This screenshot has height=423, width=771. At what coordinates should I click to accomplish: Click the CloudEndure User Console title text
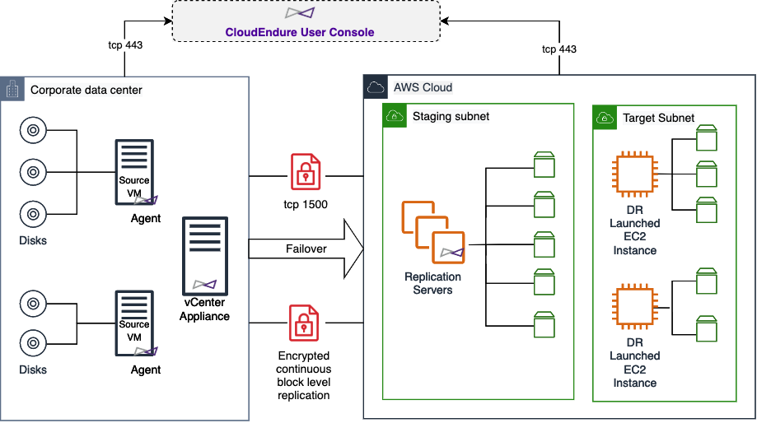pyautogui.click(x=300, y=32)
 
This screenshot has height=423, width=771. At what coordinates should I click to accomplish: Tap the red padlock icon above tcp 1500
pyautogui.click(x=306, y=171)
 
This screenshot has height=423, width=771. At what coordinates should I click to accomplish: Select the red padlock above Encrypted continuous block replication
pyautogui.click(x=304, y=323)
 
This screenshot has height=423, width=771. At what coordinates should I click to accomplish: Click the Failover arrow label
pyautogui.click(x=306, y=249)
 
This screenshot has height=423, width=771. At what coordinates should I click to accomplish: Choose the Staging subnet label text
pyautogui.click(x=451, y=117)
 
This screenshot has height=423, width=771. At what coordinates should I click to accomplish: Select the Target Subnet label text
pyautogui.click(x=658, y=118)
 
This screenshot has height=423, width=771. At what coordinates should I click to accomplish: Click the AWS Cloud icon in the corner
pyautogui.click(x=376, y=87)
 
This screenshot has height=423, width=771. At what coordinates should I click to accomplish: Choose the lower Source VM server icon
pyautogui.click(x=133, y=325)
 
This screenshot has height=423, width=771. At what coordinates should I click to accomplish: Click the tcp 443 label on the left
pyautogui.click(x=125, y=44)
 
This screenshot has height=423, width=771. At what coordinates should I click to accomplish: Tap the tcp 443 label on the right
pyautogui.click(x=558, y=49)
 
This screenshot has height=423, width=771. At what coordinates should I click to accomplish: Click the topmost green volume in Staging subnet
pyautogui.click(x=544, y=164)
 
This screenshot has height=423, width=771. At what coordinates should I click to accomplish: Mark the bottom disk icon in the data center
pyautogui.click(x=31, y=341)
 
